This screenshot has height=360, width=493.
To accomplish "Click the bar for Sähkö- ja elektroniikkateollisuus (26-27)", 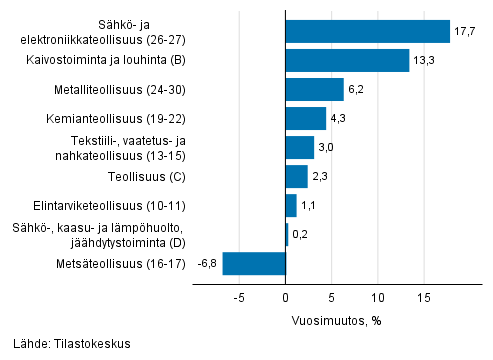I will (368, 32).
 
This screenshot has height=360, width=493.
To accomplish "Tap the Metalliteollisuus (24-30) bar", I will (315, 90).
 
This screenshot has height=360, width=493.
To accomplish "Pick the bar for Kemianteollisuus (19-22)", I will (306, 119).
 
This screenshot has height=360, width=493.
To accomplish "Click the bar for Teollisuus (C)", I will (297, 177).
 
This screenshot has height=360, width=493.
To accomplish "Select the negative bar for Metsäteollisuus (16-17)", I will (254, 264).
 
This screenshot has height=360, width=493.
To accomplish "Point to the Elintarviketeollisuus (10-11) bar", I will (291, 206).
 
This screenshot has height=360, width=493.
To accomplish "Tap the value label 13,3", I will (424, 61).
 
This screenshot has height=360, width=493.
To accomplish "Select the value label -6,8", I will (208, 264).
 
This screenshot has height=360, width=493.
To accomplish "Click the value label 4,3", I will (340, 119).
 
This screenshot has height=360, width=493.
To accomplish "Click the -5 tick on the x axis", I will (240, 298).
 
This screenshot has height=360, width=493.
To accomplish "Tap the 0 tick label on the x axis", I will (286, 298).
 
